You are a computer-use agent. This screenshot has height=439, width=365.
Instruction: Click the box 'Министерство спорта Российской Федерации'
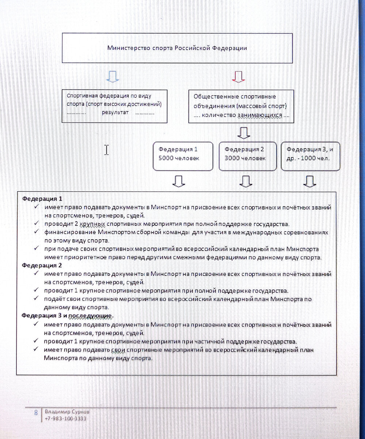tap(177, 48)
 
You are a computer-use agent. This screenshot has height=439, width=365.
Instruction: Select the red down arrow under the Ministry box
tap(238, 76)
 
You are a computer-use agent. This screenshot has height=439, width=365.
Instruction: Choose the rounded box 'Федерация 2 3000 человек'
tap(247, 156)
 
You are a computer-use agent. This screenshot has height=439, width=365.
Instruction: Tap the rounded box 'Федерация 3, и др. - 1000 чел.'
tap(310, 156)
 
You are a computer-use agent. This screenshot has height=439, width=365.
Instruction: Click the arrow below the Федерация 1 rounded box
tap(179, 181)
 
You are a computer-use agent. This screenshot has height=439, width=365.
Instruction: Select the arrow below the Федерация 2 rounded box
tap(245, 181)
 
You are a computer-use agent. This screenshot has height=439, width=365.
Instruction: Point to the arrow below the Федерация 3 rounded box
tap(309, 181)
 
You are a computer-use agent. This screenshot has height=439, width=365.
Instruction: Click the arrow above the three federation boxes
tap(244, 132)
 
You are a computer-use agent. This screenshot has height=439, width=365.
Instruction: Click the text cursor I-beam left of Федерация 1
tap(106, 150)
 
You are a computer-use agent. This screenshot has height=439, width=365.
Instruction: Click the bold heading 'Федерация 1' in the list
tap(42, 199)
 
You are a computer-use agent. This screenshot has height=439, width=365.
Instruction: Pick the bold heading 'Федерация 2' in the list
tap(42, 265)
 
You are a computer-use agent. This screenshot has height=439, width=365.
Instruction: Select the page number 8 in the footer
tap(36, 412)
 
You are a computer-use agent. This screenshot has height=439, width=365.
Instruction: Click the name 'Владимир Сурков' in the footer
tap(67, 412)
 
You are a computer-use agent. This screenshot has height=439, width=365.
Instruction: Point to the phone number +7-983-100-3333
tap(65, 419)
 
